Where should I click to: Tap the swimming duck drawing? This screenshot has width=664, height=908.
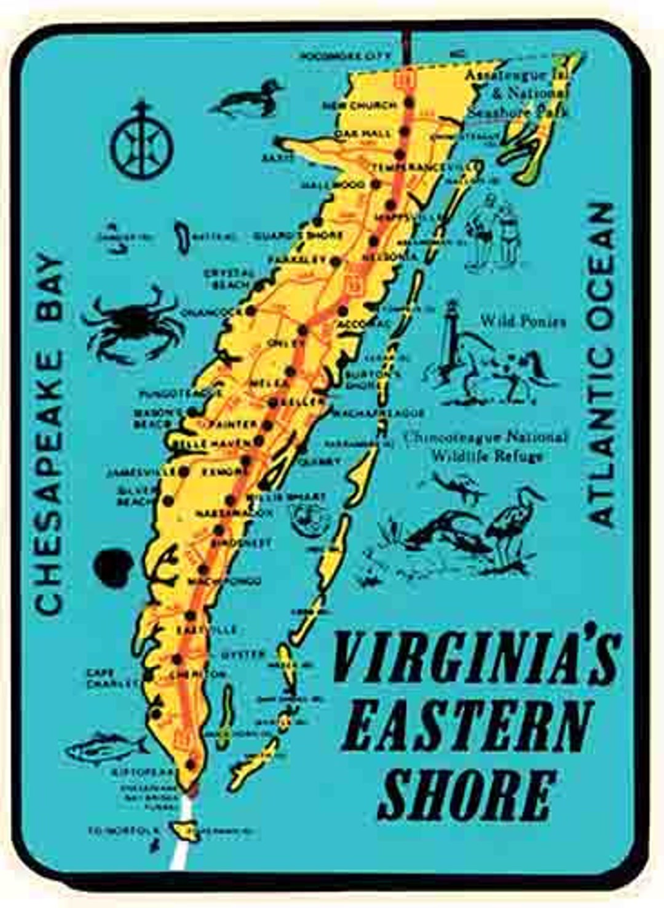[249, 100]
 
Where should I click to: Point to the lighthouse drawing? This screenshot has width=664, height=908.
[453, 338]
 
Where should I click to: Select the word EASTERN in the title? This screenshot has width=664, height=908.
[467, 728]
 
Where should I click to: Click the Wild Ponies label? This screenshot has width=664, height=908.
[523, 321]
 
